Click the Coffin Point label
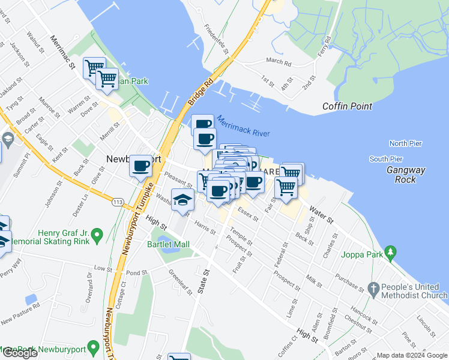(x=347, y=106)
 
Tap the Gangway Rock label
(x=406, y=175)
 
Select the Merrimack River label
(x=244, y=126)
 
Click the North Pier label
(x=406, y=143)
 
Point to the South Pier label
(x=386, y=159)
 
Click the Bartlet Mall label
(x=168, y=244)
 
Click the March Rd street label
(x=278, y=61)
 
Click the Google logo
(x=19, y=353)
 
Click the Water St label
(x=321, y=215)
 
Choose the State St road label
(x=203, y=280)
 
